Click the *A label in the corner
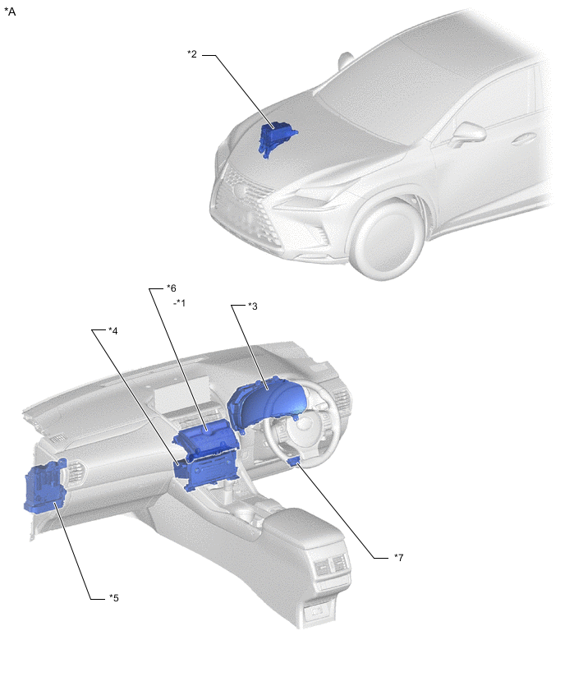10,12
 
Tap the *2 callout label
192,54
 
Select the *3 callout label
253,306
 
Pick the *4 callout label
113,331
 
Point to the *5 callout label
114,598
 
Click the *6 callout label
172,288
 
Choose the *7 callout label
398,558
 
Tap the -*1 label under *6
179,302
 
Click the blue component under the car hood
276,137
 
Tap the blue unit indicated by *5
45,486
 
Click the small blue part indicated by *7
293,461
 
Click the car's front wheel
388,238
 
